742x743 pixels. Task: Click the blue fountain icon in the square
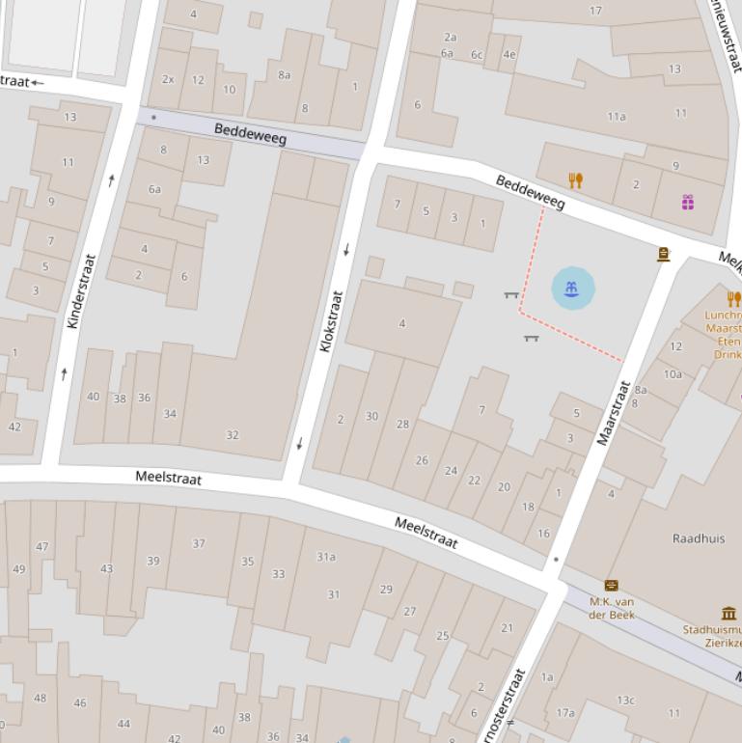click(573, 289)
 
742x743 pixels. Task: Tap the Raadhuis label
click(699, 538)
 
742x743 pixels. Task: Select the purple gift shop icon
click(688, 202)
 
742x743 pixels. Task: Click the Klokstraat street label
click(331, 321)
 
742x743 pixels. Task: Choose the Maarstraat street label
click(614, 413)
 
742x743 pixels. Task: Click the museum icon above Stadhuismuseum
click(728, 613)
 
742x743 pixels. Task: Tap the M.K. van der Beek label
click(611, 608)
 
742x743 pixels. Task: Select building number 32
click(232, 434)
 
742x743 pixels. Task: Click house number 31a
click(326, 557)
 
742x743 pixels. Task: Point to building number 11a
click(616, 116)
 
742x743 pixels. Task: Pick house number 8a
click(284, 74)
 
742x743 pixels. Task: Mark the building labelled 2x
click(168, 79)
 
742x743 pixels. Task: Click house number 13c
click(625, 700)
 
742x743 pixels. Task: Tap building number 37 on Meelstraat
click(198, 543)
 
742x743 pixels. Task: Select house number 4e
click(509, 54)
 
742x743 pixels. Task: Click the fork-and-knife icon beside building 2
click(576, 180)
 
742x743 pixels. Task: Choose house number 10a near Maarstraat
click(672, 374)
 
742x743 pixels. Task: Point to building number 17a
click(565, 713)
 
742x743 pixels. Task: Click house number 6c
click(476, 54)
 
